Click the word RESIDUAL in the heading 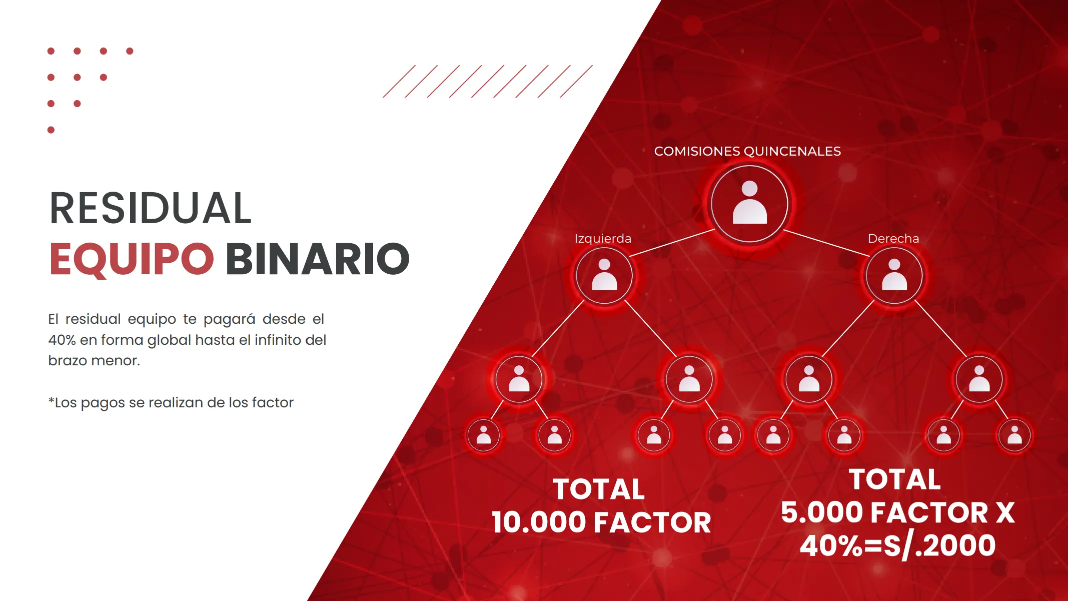(x=151, y=208)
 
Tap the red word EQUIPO (x=132, y=259)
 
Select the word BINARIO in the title (x=318, y=259)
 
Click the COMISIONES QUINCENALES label (x=747, y=151)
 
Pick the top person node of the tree (x=749, y=204)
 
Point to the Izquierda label (x=603, y=238)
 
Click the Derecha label (x=893, y=238)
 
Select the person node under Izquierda (x=604, y=275)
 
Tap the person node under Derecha (x=894, y=275)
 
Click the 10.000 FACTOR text (x=601, y=522)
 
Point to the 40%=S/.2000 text (x=898, y=545)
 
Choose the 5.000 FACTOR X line (x=898, y=512)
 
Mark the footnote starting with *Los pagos (x=171, y=402)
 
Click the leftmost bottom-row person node (x=483, y=435)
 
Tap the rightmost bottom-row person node (x=1014, y=435)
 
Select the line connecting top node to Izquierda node (x=672, y=243)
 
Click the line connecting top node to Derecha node (x=826, y=243)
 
